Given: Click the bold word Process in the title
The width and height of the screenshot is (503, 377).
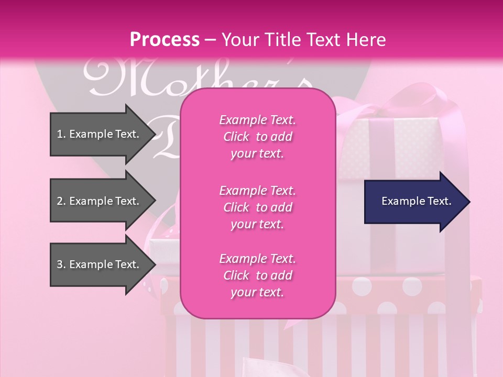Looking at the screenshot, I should tap(165, 40).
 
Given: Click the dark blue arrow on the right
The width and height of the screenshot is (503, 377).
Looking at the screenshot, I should tap(414, 202).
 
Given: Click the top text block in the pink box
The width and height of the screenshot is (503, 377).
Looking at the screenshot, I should tap(257, 137).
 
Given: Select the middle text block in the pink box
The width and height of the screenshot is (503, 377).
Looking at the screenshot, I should tap(257, 207).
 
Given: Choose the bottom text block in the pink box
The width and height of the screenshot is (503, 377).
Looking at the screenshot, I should tap(257, 275).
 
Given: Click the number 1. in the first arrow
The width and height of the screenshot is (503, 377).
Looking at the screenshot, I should tap(61, 134).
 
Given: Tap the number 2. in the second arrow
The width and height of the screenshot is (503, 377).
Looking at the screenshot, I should tap(61, 201).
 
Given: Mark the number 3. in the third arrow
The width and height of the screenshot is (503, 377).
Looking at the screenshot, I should tap(61, 264).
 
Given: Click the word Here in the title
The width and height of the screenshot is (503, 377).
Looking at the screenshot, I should tap(367, 40).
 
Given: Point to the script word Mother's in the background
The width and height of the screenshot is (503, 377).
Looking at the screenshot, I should tap(199, 79).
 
